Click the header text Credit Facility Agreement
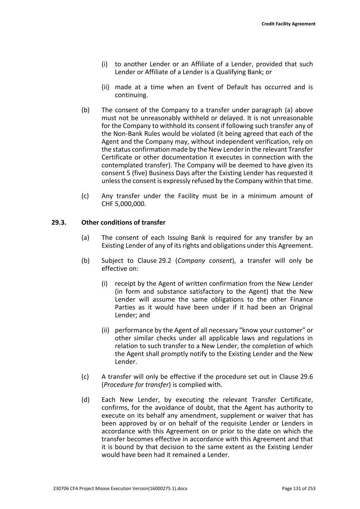click(x=288, y=24)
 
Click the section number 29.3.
click(x=59, y=223)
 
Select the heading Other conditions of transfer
click(x=123, y=223)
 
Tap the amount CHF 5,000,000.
click(x=123, y=204)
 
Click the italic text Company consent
click(x=205, y=261)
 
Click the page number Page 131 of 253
click(x=298, y=488)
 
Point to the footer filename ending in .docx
click(x=120, y=488)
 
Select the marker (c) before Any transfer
click(x=85, y=196)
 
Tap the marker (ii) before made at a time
click(x=105, y=87)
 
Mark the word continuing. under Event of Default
click(x=131, y=95)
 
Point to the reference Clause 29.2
click(x=154, y=261)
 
